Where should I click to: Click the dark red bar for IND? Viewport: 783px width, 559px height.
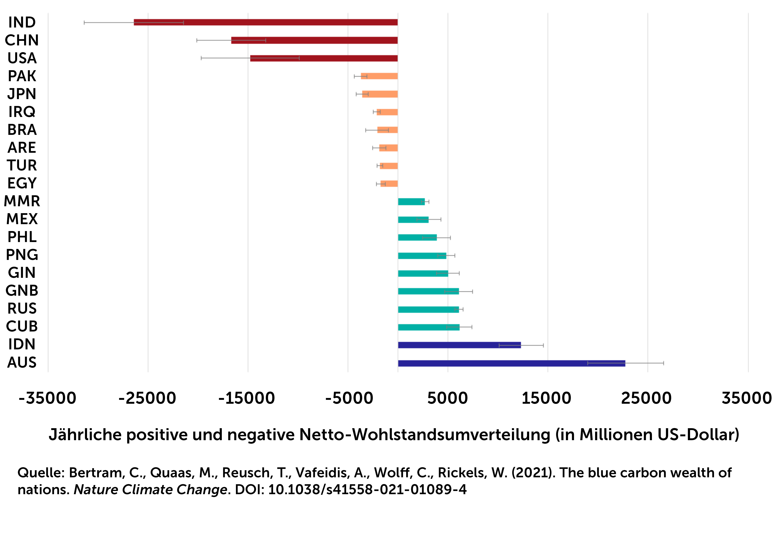pos(266,22)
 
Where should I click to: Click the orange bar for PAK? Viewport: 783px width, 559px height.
pos(379,76)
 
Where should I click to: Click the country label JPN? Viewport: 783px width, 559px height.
pos(22,94)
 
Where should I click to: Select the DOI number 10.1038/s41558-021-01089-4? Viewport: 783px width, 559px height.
pos(367,489)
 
